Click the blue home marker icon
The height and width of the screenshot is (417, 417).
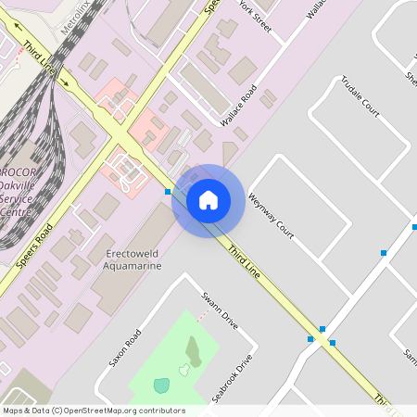(208, 199)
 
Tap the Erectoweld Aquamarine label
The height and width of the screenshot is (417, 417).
(134, 259)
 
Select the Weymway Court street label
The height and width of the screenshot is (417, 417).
(271, 216)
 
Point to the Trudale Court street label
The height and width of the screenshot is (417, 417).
(361, 95)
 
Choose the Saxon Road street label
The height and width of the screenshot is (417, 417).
(123, 347)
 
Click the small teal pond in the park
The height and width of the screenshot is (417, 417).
(162, 385)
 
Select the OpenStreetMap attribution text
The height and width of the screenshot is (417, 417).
(93, 411)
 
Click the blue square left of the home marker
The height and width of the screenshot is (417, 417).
(168, 192)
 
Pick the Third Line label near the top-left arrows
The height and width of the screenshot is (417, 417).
(41, 57)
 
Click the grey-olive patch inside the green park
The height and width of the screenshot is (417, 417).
(193, 350)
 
